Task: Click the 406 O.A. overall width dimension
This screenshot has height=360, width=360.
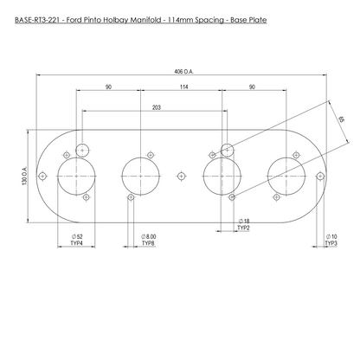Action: coord(183,72)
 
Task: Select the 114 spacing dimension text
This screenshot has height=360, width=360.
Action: coord(183,87)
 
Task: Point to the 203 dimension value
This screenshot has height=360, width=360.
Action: coord(156,107)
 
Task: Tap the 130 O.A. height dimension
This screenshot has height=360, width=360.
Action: coord(24,176)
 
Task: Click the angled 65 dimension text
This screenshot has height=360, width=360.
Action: coord(341,119)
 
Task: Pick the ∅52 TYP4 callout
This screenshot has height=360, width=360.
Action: coord(77,240)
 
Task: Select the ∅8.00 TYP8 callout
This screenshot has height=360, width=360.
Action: coord(148,240)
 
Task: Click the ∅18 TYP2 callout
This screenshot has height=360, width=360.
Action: coord(243,225)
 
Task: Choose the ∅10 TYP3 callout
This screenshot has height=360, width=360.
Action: coord(331,240)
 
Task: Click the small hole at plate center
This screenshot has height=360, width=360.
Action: coord(181,176)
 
